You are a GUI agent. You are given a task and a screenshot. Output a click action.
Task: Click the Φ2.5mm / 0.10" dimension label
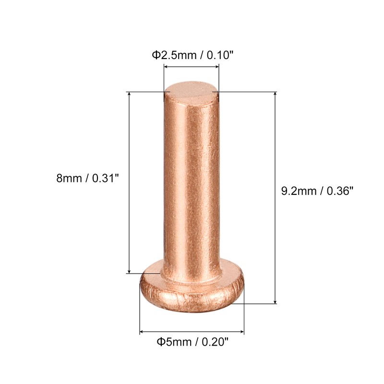192,55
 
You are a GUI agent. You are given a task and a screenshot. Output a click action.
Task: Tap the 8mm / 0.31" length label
87,179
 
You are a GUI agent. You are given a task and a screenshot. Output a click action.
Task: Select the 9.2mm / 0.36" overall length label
317,191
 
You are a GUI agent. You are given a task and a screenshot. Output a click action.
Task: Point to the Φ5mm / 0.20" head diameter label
192,342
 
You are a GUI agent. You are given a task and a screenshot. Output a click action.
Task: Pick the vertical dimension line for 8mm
130,182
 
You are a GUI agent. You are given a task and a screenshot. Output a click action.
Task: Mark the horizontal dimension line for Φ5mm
192,331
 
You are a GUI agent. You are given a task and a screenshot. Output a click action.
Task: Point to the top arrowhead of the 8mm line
130,95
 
